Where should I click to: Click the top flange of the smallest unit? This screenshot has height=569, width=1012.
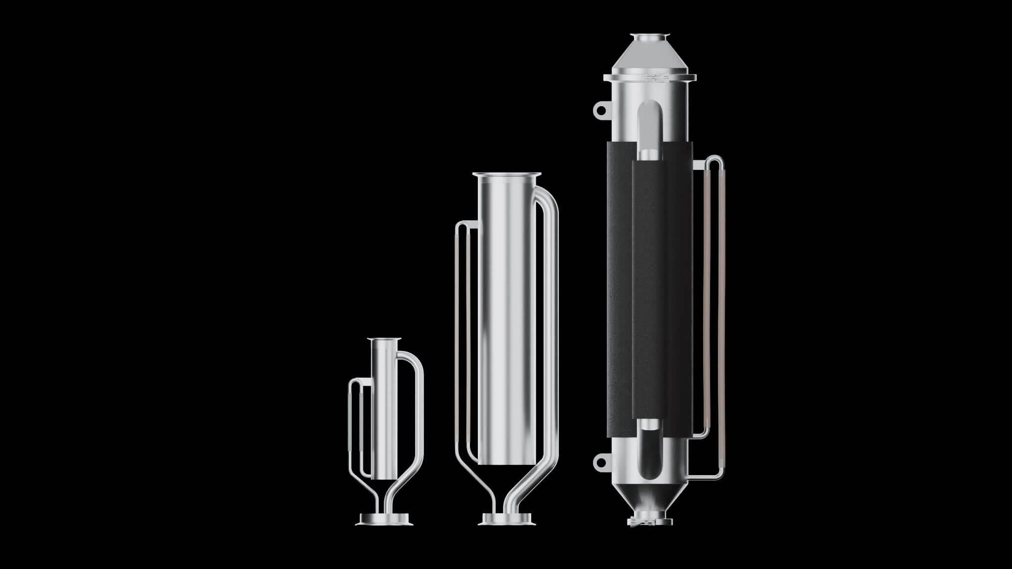[x=384, y=339]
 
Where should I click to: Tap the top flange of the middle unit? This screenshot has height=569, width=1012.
[x=506, y=174]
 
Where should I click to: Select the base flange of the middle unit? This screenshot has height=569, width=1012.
[x=506, y=519]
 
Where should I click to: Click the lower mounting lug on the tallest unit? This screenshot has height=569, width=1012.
[x=601, y=461]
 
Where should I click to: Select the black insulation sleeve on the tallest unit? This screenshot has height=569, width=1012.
[x=620, y=296]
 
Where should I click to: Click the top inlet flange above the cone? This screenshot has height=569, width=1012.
[x=649, y=37]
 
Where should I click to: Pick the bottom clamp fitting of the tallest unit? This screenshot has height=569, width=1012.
[x=649, y=522]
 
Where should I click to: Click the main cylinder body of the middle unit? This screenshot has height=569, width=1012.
[x=506, y=321]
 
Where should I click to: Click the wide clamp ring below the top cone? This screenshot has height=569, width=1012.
[x=649, y=77]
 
